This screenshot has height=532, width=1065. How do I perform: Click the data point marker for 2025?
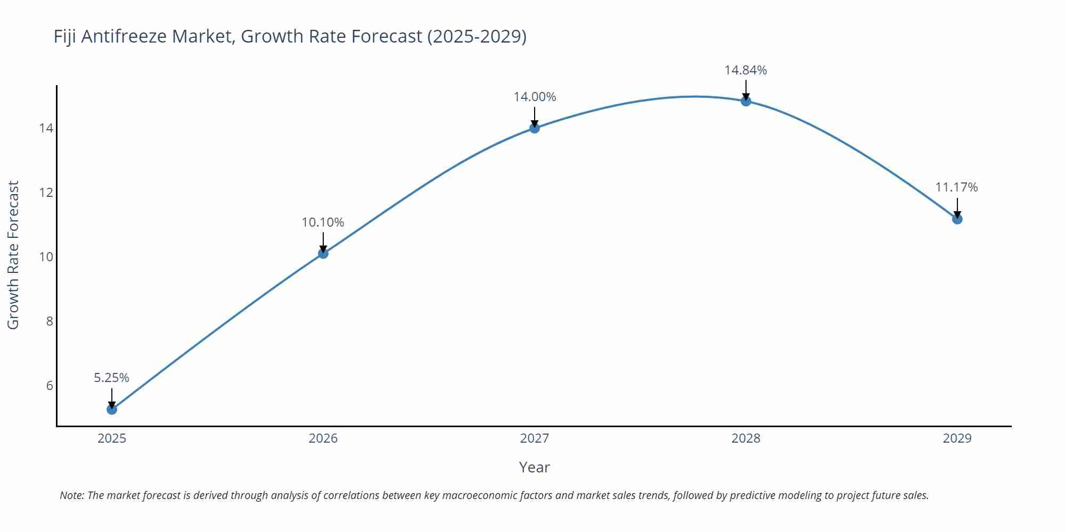[x=112, y=409]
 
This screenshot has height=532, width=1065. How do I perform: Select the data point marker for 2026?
[x=323, y=253]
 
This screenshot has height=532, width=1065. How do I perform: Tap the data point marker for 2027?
[x=535, y=128]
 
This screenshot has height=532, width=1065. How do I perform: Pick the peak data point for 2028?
[x=746, y=101]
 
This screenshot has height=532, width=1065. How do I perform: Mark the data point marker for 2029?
[x=957, y=219]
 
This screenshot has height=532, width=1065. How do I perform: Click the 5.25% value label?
[x=112, y=378]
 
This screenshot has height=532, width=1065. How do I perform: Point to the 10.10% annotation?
[x=323, y=222]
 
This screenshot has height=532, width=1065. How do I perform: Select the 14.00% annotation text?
[x=535, y=97]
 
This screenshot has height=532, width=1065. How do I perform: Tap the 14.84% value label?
[x=745, y=70]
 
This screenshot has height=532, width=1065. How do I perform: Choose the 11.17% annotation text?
[x=956, y=187]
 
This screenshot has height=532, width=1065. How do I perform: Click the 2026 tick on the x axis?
[x=323, y=438]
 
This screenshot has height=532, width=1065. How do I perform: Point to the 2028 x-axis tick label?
[x=746, y=438]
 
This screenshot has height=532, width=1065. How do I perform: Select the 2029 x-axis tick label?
[x=957, y=438]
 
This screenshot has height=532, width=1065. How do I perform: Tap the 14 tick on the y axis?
[x=46, y=128]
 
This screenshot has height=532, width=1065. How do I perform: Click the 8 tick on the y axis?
[x=50, y=321]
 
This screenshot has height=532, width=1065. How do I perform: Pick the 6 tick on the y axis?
[x=50, y=386]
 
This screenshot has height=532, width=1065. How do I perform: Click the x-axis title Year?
[x=534, y=467]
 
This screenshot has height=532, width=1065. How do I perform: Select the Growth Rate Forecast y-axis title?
[x=13, y=255]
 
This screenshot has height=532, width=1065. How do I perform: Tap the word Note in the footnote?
[x=71, y=495]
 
